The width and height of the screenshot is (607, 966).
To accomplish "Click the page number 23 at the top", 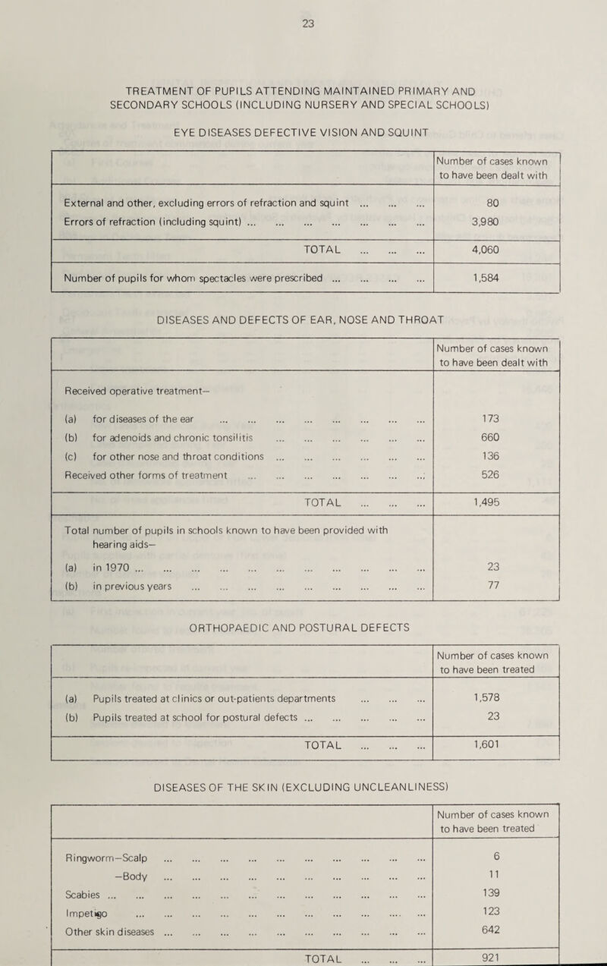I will click(x=307, y=23).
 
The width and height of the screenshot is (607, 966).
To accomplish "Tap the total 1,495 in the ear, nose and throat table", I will click(x=495, y=502).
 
